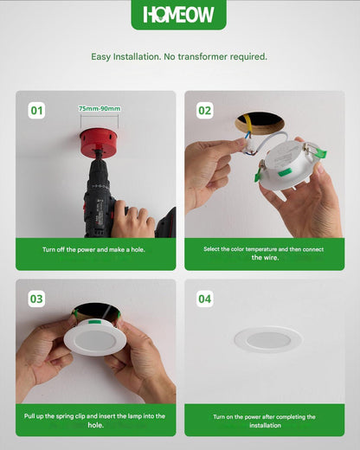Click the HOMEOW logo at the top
tap(178, 15)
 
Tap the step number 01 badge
tap(36, 111)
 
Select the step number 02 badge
tap(205, 111)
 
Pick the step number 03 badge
tap(36, 299)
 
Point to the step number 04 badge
tap(205, 299)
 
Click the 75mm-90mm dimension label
tap(100, 109)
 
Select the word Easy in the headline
tap(100, 57)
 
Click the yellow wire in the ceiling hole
tap(247, 125)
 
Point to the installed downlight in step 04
tap(268, 339)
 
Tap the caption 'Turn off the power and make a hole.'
tap(93, 249)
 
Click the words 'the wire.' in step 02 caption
tap(265, 257)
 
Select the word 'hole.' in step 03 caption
tap(96, 425)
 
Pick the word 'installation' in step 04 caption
tap(265, 425)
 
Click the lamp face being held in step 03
tap(95, 341)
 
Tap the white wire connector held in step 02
tap(248, 148)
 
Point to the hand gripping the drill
tap(132, 220)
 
